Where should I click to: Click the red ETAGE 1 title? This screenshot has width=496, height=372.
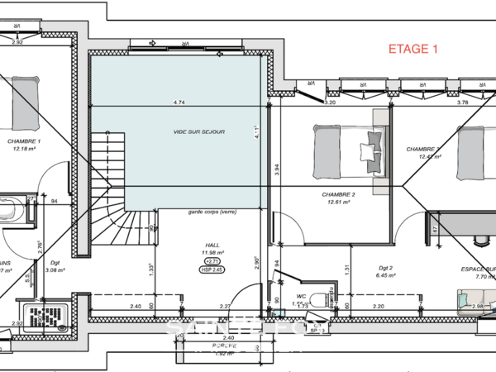[413, 50]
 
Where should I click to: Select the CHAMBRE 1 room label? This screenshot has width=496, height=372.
[24, 141]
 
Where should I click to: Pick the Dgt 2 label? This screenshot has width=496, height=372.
[386, 268]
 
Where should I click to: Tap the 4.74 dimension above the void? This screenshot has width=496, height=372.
[179, 102]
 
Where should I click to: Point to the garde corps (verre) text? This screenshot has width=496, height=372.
[212, 212]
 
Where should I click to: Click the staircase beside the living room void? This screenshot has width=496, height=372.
[107, 190]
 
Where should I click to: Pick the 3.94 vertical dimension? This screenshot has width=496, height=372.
[278, 170]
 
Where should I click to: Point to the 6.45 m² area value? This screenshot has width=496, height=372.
[387, 275]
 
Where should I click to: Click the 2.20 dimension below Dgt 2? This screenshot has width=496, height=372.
[377, 307]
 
